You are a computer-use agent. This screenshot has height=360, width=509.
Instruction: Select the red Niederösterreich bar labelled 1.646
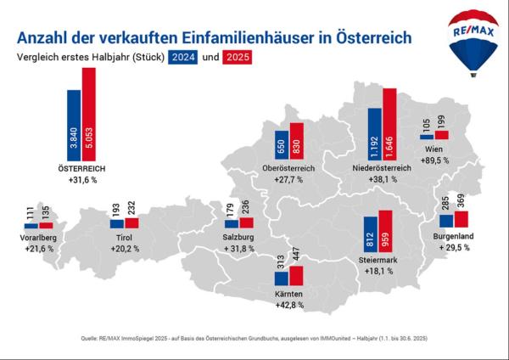pos(389,125)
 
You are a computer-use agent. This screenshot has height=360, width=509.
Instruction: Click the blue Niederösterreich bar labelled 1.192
pos(375,134)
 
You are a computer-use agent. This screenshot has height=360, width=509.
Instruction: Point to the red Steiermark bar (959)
pos(385,237)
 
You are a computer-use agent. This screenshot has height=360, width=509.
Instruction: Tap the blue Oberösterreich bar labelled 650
pos(282,146)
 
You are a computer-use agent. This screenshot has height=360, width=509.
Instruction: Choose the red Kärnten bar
pos(296,275)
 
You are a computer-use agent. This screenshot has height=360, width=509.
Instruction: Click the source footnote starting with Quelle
pos(255,338)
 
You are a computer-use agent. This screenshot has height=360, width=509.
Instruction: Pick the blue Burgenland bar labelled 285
pos(446,220)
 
